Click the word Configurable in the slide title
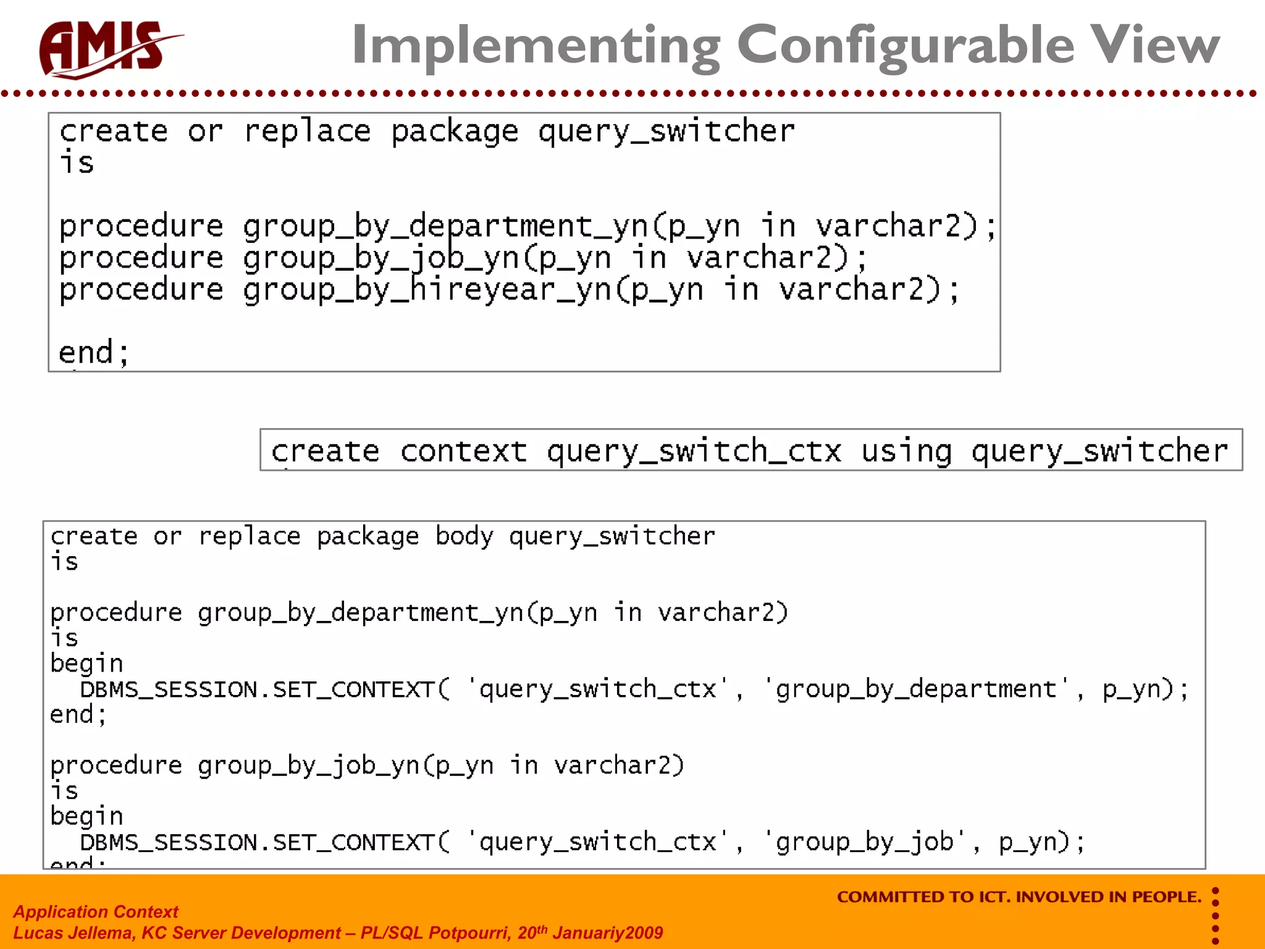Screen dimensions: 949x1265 pyautogui.click(x=906, y=46)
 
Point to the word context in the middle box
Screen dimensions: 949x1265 pyautogui.click(x=463, y=451)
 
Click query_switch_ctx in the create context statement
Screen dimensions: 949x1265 pyautogui.click(x=694, y=451)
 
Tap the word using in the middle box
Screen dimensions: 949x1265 pyautogui.click(x=906, y=451)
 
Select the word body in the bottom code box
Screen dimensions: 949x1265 pyautogui.click(x=464, y=536)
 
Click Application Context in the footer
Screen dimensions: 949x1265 pyautogui.click(x=96, y=912)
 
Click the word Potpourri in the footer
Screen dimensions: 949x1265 pyautogui.click(x=470, y=933)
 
